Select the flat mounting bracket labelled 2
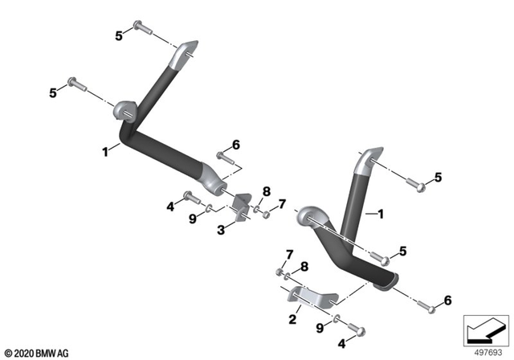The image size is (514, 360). coord(310,297)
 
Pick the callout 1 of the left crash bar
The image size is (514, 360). coord(104,149)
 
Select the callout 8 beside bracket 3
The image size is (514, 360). coord(267,190)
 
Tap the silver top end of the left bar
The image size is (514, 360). coord(184,52)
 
